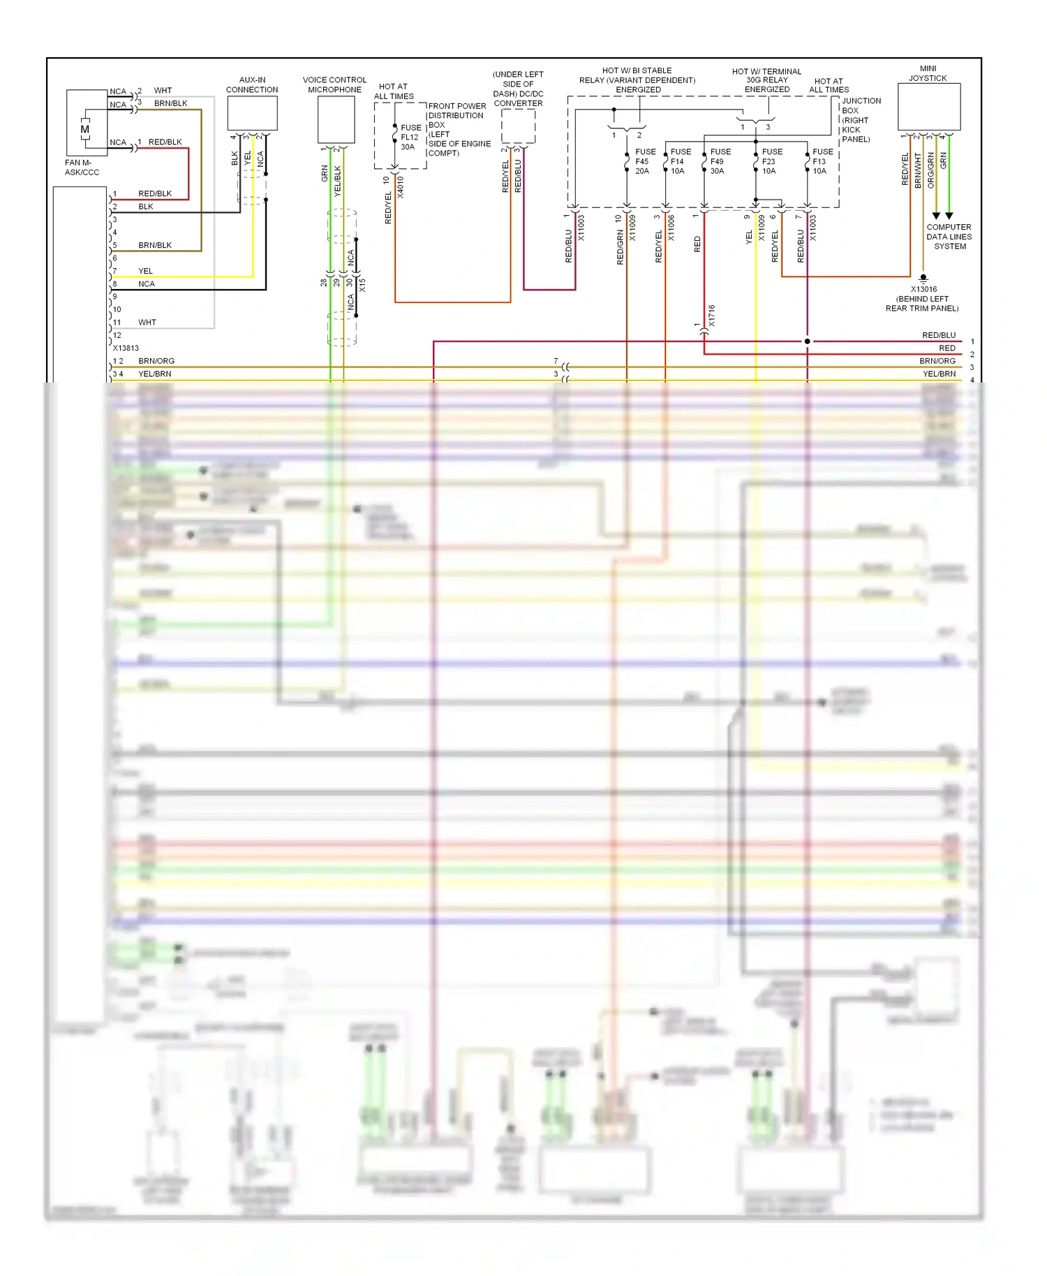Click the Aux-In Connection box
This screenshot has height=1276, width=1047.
(252, 113)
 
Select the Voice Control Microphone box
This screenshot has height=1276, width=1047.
(336, 119)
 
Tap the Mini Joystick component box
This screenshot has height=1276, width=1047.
(928, 106)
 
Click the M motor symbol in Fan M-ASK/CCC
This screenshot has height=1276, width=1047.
(85, 130)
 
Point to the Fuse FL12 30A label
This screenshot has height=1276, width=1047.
(410, 138)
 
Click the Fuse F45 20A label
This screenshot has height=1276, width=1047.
(645, 161)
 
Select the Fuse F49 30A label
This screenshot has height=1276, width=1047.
(720, 161)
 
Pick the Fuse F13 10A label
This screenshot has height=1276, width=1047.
(822, 161)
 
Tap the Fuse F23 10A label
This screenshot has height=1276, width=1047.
(771, 161)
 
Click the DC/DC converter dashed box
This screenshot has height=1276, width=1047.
(518, 126)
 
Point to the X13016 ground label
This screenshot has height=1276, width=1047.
(923, 289)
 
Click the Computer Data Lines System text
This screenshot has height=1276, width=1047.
(949, 237)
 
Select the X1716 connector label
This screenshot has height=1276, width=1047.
(711, 316)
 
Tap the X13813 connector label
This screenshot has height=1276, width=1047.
(126, 348)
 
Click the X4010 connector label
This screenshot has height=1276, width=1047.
(400, 187)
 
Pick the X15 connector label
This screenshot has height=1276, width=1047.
(362, 285)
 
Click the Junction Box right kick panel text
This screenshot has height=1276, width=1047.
(861, 120)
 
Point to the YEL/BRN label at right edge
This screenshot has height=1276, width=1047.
(939, 374)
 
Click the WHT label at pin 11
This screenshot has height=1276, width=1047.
(147, 322)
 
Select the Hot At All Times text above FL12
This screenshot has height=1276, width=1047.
(394, 91)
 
